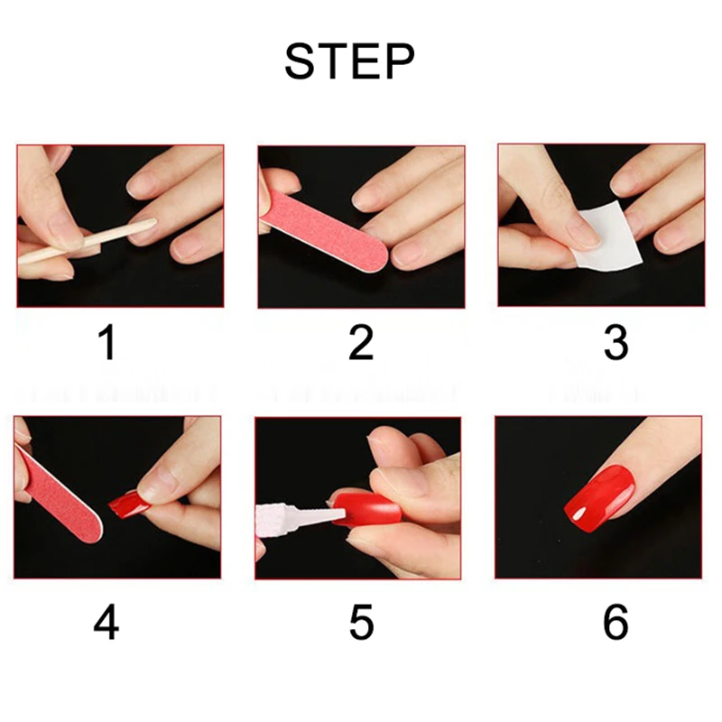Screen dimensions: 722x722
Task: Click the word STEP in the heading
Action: (x=350, y=61)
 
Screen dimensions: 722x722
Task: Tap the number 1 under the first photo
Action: (x=107, y=343)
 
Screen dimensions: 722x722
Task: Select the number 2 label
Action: (x=361, y=343)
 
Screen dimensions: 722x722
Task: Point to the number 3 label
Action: (x=616, y=343)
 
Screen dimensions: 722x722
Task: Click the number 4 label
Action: (x=106, y=622)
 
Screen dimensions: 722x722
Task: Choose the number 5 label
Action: (x=362, y=622)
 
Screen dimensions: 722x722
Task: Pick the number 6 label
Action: (x=616, y=622)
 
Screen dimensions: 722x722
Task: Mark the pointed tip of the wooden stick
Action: (x=156, y=220)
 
